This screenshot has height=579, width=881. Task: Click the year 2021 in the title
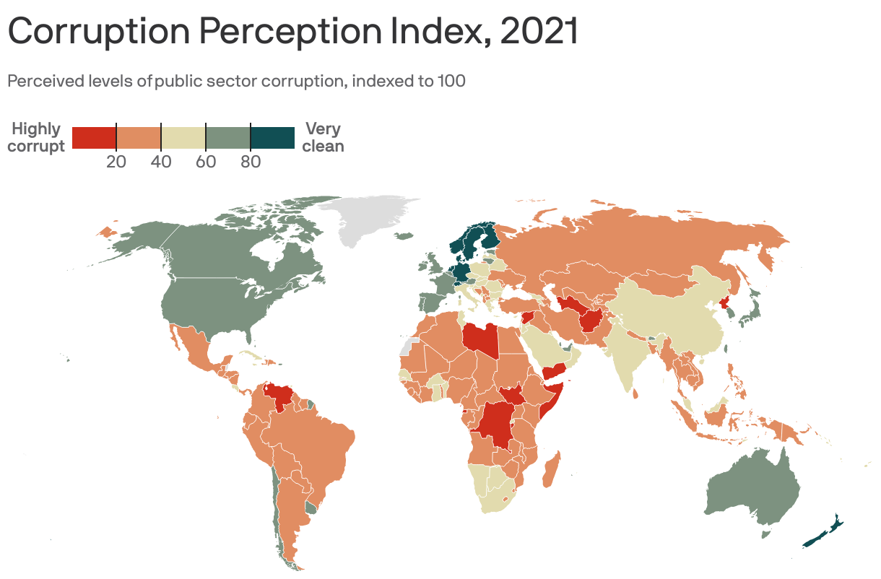(x=539, y=32)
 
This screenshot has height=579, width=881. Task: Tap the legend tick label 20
(x=116, y=162)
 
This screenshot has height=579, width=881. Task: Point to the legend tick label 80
(x=251, y=162)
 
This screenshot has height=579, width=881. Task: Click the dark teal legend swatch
(x=272, y=137)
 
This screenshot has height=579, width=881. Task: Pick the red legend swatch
(x=94, y=137)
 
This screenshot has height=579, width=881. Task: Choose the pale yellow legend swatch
(x=183, y=137)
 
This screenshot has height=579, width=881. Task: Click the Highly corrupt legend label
(x=36, y=137)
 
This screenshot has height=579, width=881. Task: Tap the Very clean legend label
(x=323, y=137)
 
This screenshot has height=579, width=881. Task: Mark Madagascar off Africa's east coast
(x=550, y=470)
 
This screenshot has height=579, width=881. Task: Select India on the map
(x=625, y=354)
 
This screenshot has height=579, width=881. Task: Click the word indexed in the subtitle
(x=381, y=81)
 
